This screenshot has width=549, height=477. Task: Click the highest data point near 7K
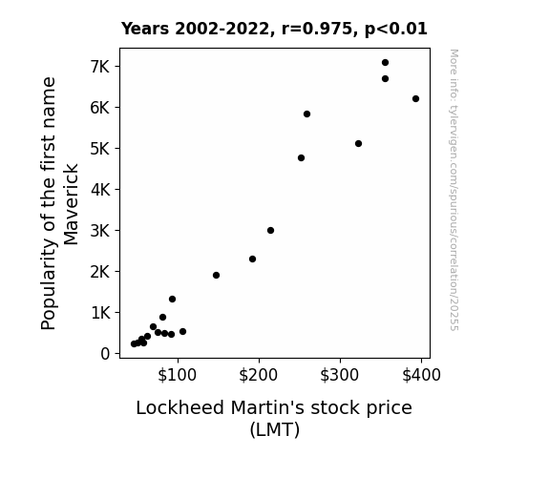pyautogui.click(x=385, y=63)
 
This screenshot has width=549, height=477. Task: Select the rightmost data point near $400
pyautogui.click(x=415, y=98)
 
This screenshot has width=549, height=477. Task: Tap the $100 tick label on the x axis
pyautogui.click(x=177, y=375)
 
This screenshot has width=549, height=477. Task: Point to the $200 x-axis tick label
pyautogui.click(x=258, y=375)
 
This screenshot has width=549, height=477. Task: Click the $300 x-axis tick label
pyautogui.click(x=339, y=375)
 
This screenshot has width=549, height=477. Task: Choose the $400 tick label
pyautogui.click(x=421, y=375)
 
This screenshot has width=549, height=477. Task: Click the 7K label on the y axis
pyautogui.click(x=100, y=67)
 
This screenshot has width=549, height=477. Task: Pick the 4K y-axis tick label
pyautogui.click(x=100, y=190)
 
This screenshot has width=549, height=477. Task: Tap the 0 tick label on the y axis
pyautogui.click(x=105, y=354)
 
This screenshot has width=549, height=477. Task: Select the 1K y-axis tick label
pyautogui.click(x=100, y=313)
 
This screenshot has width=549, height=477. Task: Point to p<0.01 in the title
pyautogui.click(x=396, y=30)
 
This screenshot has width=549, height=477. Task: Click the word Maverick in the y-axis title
pyautogui.click(x=71, y=204)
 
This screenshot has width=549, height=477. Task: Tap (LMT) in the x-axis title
pyautogui.click(x=275, y=429)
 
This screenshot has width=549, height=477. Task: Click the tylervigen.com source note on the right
pyautogui.click(x=454, y=190)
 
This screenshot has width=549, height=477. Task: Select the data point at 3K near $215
pyautogui.click(x=270, y=230)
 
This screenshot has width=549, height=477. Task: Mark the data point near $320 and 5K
pyautogui.click(x=358, y=143)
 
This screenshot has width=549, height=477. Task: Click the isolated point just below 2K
pyautogui.click(x=216, y=275)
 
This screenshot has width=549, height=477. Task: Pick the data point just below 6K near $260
pyautogui.click(x=306, y=114)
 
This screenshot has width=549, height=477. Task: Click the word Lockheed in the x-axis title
pyautogui.click(x=179, y=407)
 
